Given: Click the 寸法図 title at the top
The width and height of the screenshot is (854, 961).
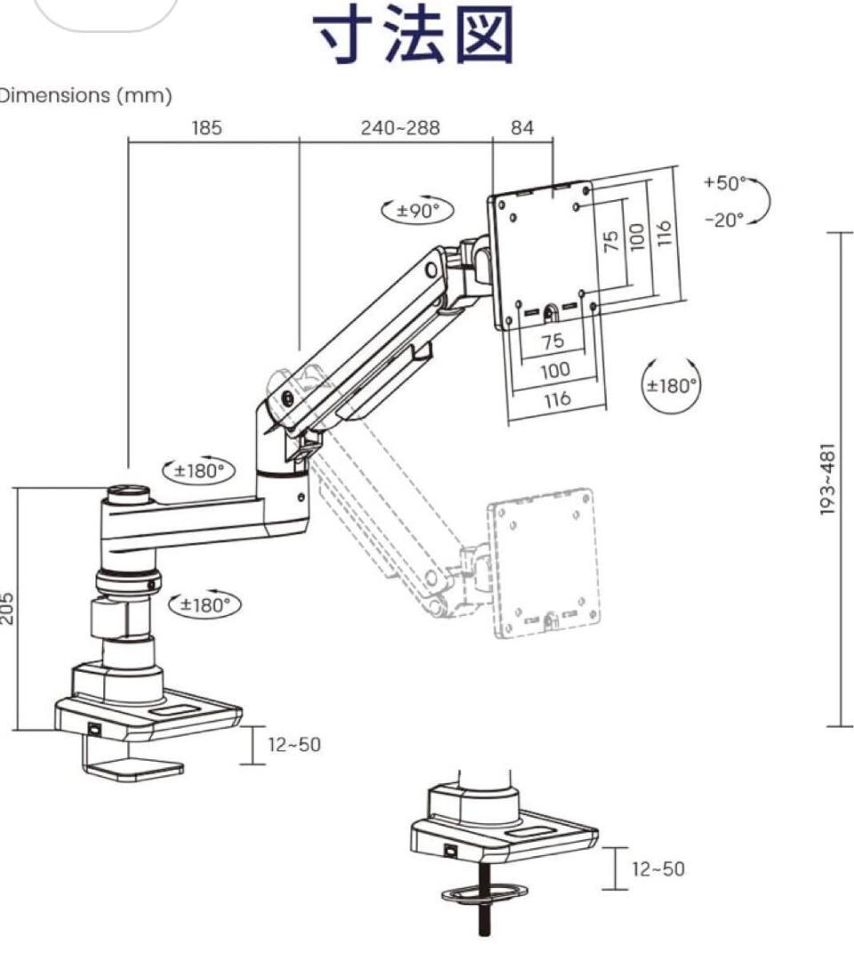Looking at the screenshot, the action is (x=413, y=35).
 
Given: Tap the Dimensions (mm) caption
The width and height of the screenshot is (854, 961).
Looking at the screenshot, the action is (x=85, y=95).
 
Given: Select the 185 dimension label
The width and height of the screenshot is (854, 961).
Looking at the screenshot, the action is (x=206, y=128).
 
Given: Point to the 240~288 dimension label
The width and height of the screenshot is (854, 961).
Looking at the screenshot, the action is (x=400, y=128).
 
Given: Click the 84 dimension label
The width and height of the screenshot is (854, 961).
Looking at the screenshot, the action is (x=522, y=128).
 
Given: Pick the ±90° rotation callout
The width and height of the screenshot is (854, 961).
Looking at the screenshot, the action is (x=417, y=211).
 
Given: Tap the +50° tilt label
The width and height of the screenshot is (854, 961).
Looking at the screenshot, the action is (x=725, y=182).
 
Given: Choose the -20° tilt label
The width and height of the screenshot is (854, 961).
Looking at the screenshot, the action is (x=724, y=220).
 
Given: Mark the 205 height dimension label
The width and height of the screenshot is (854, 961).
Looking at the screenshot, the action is (x=7, y=608).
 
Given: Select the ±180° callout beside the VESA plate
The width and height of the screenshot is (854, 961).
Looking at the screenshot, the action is (x=672, y=386).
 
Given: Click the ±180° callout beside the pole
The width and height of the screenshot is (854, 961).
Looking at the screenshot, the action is (x=205, y=605).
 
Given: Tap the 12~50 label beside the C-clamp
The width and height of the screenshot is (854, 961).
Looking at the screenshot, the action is (x=294, y=745).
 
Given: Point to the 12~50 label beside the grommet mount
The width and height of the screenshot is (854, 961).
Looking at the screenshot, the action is (x=658, y=868).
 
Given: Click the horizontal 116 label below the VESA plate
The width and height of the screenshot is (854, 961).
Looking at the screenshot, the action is (x=556, y=400).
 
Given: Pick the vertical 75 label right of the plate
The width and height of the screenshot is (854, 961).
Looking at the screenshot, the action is (x=611, y=240).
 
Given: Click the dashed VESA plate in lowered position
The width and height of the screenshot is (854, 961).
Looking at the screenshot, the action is (x=543, y=563).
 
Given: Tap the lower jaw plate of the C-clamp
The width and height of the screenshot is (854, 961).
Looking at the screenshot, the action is (x=133, y=769).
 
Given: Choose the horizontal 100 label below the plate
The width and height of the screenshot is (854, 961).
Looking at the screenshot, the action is (x=555, y=370).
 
